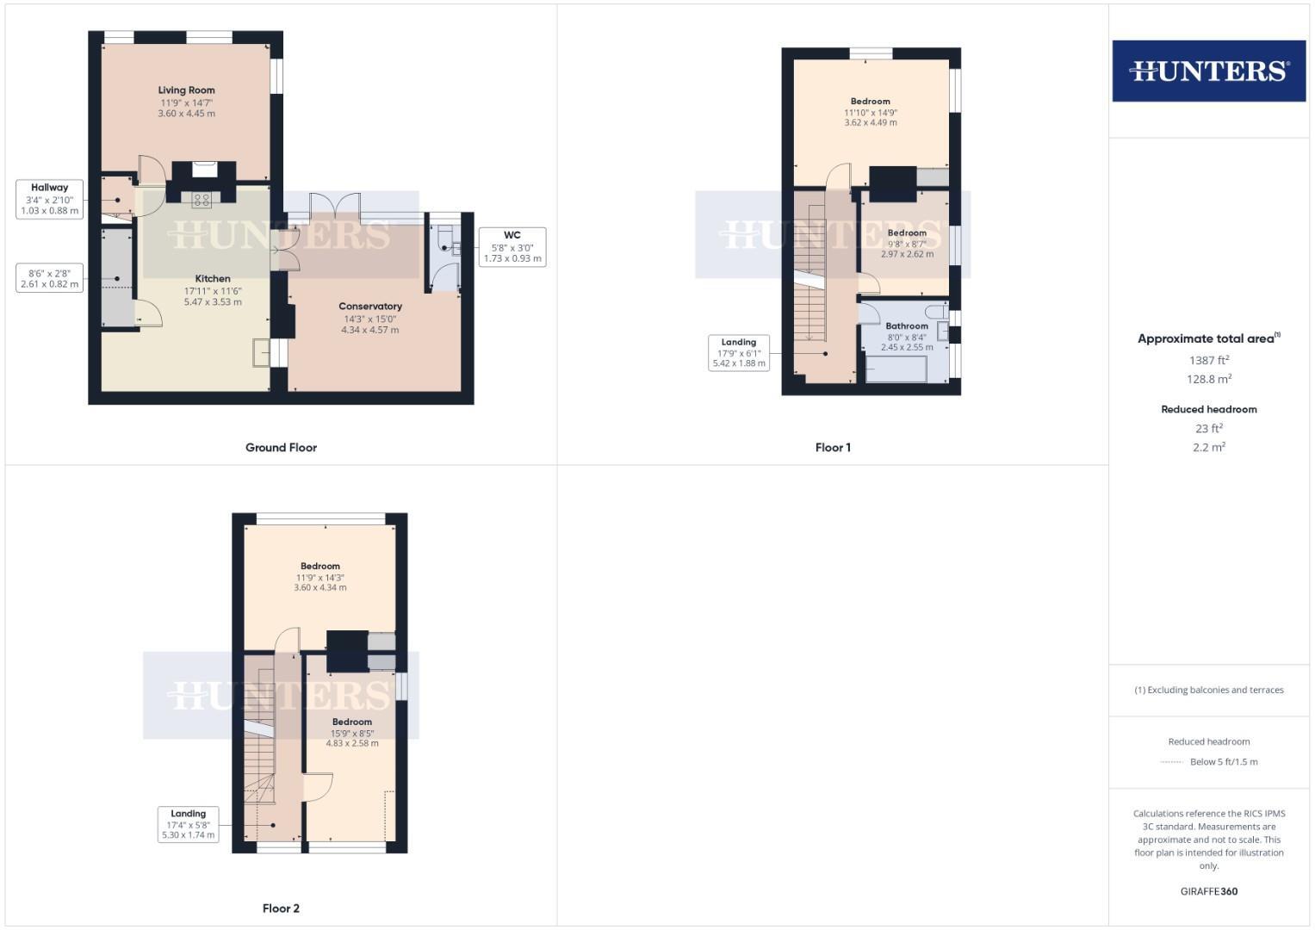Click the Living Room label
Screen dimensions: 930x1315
pos(186,90)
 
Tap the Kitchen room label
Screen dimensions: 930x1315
pos(213,279)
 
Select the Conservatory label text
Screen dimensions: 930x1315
pos(370,307)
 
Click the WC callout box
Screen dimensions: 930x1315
pos(512,246)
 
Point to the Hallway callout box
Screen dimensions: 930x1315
pos(50,199)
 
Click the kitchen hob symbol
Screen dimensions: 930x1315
pos(202,200)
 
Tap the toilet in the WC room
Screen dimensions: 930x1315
pos(444,236)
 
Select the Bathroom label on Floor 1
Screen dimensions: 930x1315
pos(907,326)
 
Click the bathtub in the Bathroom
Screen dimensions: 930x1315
pos(896,371)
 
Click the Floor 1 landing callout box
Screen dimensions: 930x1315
pos(739,352)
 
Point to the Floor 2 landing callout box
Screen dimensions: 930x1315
pos(188,824)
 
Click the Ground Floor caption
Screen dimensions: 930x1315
pos(281,448)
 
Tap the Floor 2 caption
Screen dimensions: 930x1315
pos(281,908)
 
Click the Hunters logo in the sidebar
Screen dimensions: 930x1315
pos(1208,71)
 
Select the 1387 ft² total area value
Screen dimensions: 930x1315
pos(1209,361)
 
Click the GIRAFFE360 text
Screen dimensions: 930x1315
pos(1209,892)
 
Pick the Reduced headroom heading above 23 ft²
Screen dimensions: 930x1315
pos(1209,410)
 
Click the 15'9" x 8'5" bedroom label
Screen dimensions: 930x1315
pos(352,734)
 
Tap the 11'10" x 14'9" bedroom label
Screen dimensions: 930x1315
pos(871,113)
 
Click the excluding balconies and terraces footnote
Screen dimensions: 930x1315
pos(1209,690)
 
